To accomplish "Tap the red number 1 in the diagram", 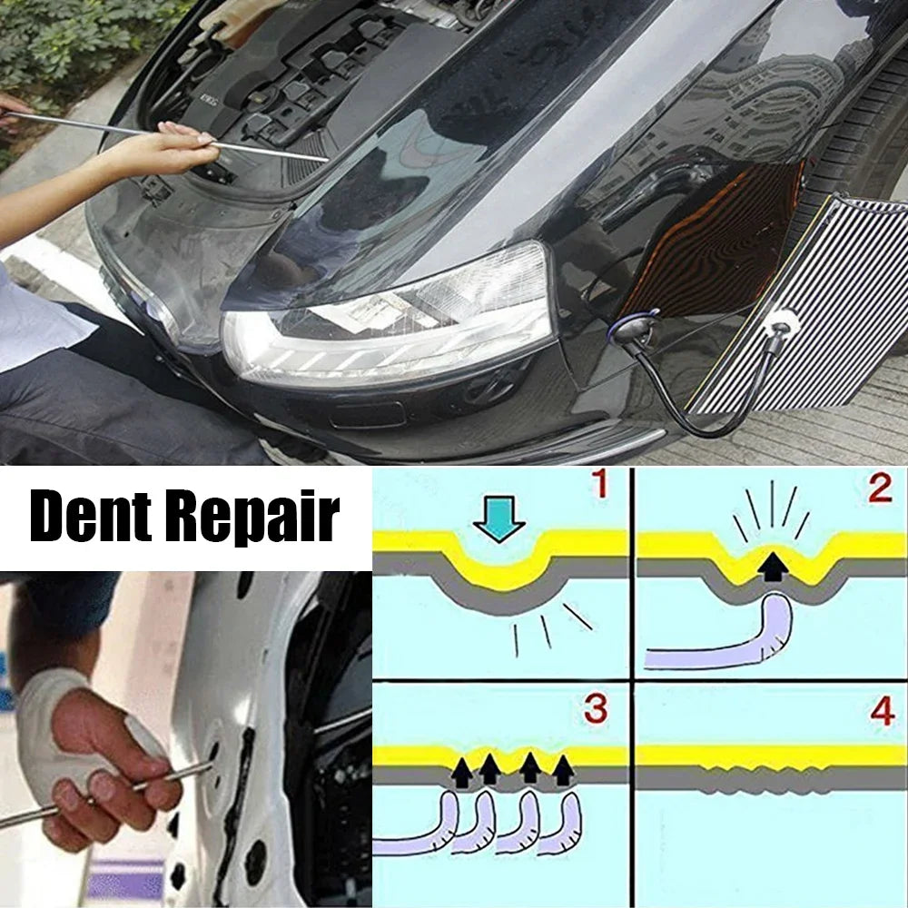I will (599, 487).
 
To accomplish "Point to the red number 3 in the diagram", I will (596, 710).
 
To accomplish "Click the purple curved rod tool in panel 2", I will (726, 641).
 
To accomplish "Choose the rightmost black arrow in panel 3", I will (564, 770).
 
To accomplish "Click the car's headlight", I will (390, 318).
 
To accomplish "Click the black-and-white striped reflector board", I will (808, 300).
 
